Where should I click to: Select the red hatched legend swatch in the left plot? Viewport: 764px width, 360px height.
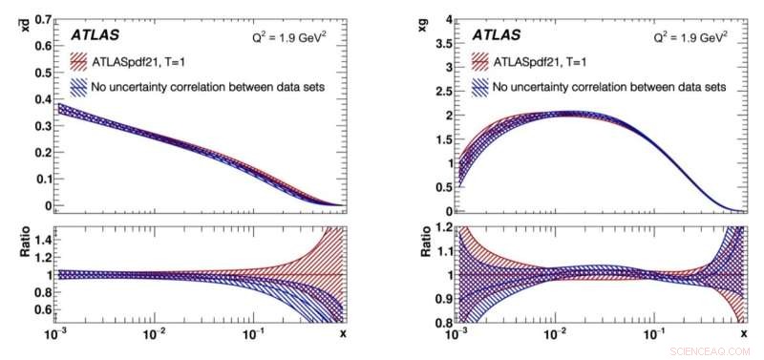coord(87,63)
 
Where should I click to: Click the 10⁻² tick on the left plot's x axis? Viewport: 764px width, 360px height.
coord(154,334)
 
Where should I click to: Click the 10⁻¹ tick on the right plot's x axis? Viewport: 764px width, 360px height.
coord(651,334)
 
